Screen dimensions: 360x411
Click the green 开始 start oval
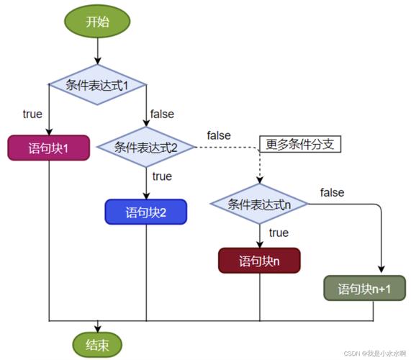pyautogui.click(x=97, y=21)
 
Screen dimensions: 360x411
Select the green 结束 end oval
pyautogui.click(x=97, y=343)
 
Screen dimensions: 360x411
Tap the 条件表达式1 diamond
pyautogui.click(x=97, y=85)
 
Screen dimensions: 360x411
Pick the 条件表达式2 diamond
pyautogui.click(x=146, y=148)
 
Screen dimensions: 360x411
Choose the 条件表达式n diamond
pyautogui.click(x=259, y=204)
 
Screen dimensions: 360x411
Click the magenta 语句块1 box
pyautogui.click(x=48, y=148)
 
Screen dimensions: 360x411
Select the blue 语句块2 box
pyautogui.click(x=146, y=212)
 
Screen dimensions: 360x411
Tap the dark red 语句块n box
pyautogui.click(x=259, y=261)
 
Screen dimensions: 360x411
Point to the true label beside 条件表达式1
pyautogui.click(x=32, y=114)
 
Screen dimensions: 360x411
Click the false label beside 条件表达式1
pyautogui.click(x=162, y=114)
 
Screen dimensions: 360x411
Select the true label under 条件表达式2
pyautogui.click(x=162, y=176)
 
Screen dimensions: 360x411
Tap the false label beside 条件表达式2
pyautogui.click(x=219, y=135)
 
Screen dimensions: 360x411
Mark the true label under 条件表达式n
pyautogui.click(x=278, y=233)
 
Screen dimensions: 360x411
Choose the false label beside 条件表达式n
pyautogui.click(x=332, y=192)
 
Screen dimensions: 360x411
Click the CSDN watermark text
pyautogui.click(x=375, y=354)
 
